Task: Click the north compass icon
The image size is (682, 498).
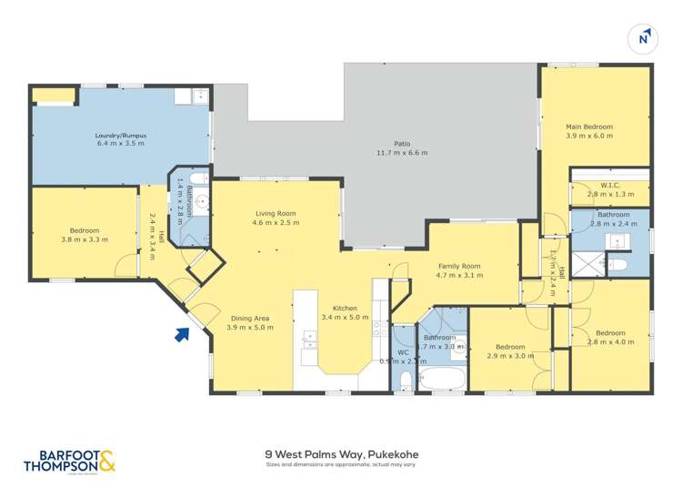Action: [644, 37]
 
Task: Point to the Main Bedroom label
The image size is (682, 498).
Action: [589, 127]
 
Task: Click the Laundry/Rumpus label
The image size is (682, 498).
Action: [121, 136]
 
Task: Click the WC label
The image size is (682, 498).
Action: [404, 352]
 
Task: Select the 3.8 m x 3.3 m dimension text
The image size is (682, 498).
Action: [85, 239]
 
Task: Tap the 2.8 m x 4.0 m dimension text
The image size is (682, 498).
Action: [608, 341]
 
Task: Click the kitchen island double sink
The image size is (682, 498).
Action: [310, 341]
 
